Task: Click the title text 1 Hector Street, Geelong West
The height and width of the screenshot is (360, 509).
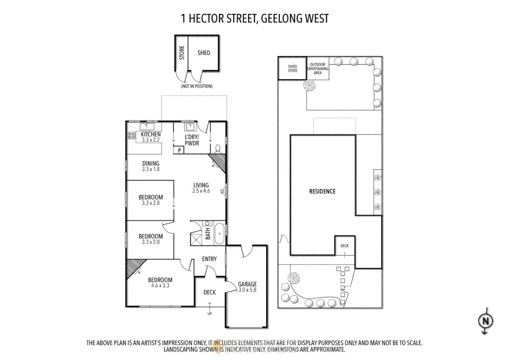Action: [254, 19]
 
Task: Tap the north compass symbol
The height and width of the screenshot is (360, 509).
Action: [485, 321]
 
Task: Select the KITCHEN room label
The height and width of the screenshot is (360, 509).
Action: [151, 134]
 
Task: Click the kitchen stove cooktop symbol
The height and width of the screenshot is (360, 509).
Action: [132, 135]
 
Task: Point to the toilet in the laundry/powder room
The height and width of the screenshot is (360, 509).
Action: [218, 148]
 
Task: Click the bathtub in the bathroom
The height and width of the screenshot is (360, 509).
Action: [219, 233]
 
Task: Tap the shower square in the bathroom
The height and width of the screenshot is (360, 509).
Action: [196, 239]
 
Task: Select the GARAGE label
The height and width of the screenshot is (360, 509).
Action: [247, 284]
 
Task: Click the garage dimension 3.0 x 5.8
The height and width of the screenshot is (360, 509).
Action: [247, 290]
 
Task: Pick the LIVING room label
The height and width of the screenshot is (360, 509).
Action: [201, 185]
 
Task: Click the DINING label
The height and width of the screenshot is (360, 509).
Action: [151, 163]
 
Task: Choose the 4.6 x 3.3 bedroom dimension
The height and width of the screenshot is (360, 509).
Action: [160, 286]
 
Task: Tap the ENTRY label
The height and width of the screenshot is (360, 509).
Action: [209, 259]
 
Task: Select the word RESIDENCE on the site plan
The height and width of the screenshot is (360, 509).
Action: [322, 191]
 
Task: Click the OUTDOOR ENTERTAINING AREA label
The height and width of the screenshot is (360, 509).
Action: [317, 69]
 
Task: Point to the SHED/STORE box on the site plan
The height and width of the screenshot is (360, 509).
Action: [292, 68]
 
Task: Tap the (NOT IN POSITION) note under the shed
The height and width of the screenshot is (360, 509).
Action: [197, 86]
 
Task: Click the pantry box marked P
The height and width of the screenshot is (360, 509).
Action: [179, 150]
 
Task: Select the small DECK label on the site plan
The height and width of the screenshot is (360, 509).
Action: [344, 246]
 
